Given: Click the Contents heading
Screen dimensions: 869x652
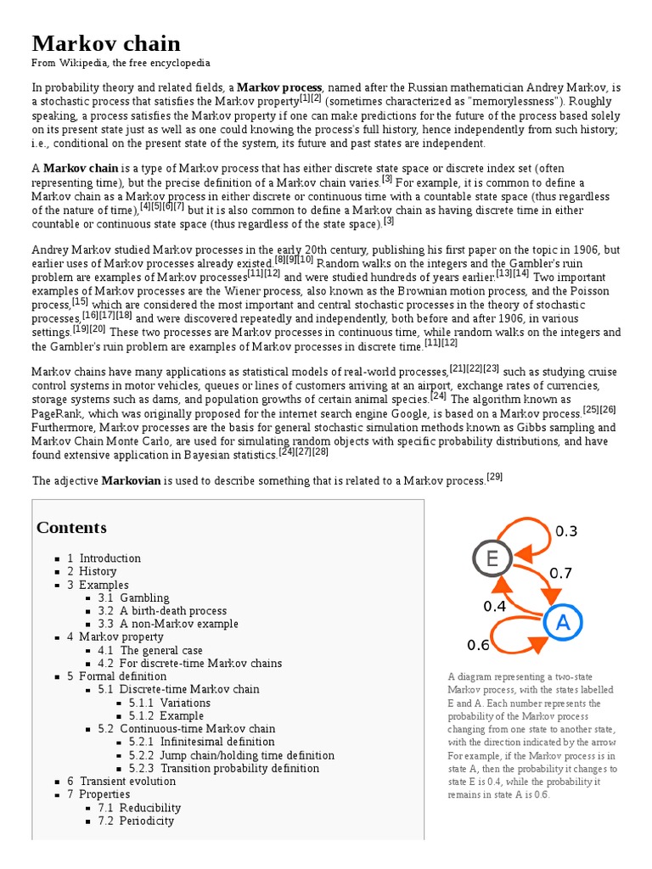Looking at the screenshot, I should coord(71,528).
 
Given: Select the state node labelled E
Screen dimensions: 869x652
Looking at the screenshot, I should coord(492,558).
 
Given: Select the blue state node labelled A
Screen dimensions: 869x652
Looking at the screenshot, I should coord(561,624).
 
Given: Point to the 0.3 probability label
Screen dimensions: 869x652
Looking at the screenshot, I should coord(566,531).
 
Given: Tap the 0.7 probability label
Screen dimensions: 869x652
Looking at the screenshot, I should coord(560,574).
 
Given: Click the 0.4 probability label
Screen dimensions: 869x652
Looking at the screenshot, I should coord(495,606).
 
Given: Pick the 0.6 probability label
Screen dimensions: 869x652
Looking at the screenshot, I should coord(479,645).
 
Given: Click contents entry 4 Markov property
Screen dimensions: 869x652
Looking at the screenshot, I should coord(115,636).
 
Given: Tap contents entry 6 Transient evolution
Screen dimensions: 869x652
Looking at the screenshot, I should coord(121,781).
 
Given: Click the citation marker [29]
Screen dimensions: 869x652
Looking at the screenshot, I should coord(495,477).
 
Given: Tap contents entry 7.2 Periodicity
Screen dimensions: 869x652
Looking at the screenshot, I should coord(146,821).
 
